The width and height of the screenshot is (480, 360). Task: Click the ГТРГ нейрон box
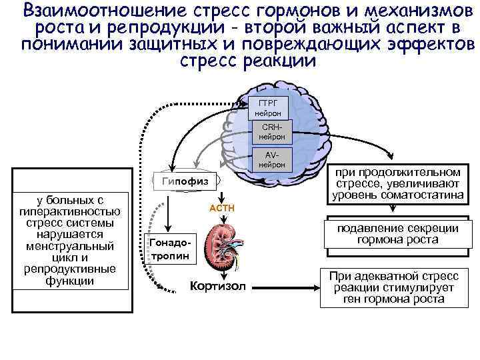coord(271,106)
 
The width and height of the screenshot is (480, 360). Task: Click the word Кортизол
coord(217,286)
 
